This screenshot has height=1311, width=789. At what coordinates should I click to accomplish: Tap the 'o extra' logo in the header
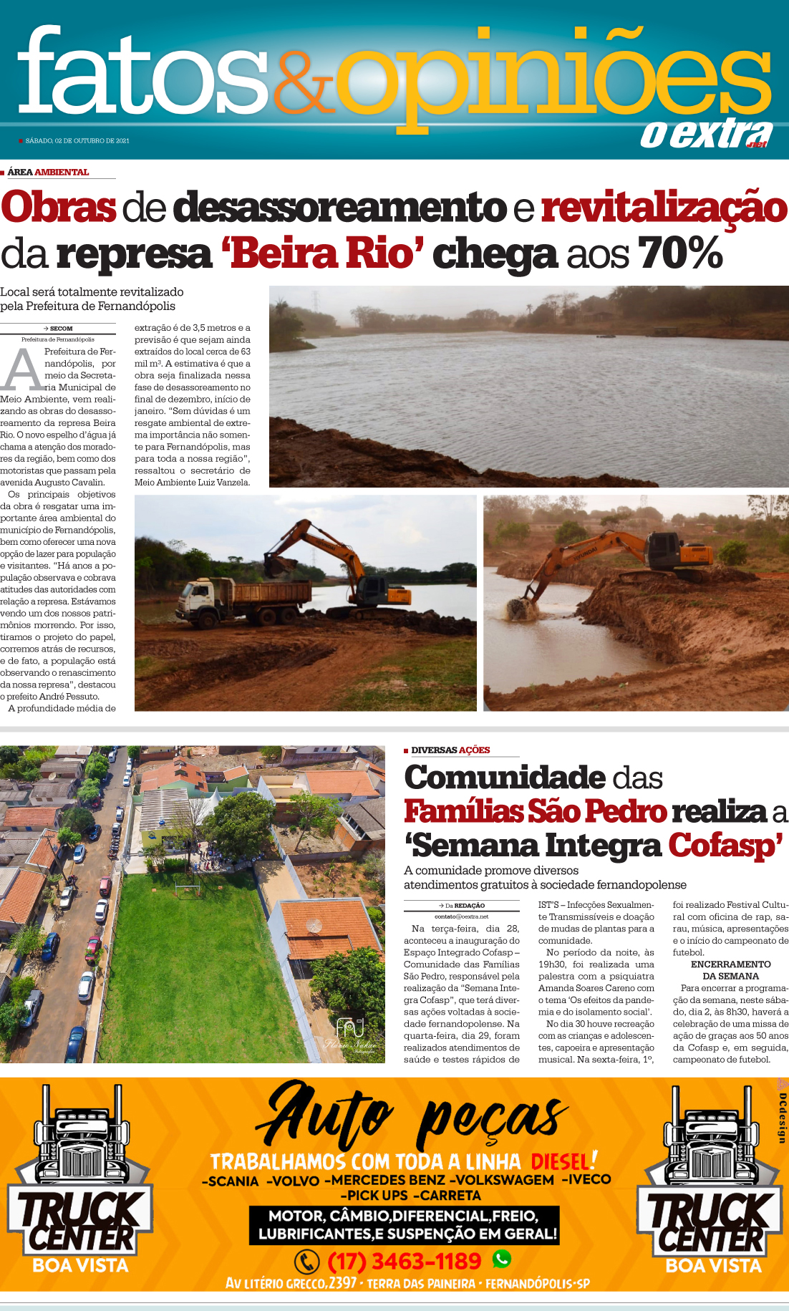click(706, 134)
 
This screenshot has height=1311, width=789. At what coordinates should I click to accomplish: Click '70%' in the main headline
click(679, 253)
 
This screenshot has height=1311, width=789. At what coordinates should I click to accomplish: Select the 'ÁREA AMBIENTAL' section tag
click(48, 172)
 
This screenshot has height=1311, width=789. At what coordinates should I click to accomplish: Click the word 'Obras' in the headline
click(59, 207)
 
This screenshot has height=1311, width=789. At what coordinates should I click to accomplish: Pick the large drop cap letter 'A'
click(23, 371)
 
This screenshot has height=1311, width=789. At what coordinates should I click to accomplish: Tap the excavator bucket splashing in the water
click(518, 609)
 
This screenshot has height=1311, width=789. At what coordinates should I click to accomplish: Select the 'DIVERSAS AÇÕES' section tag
click(450, 750)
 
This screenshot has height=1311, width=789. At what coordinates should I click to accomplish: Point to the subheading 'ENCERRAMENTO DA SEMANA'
click(730, 970)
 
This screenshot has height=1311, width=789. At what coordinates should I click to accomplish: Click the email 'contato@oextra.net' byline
click(461, 916)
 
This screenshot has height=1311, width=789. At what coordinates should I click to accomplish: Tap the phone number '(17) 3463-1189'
click(404, 1261)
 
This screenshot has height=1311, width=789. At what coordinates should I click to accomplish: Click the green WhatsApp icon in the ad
click(502, 1258)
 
